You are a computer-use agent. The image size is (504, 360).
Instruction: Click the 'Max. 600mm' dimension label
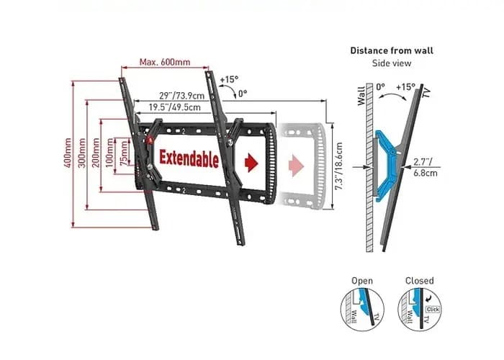click(x=166, y=62)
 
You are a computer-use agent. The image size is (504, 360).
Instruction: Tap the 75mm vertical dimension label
click(x=124, y=153)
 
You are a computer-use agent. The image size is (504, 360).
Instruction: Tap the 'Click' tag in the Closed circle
click(x=432, y=309)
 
